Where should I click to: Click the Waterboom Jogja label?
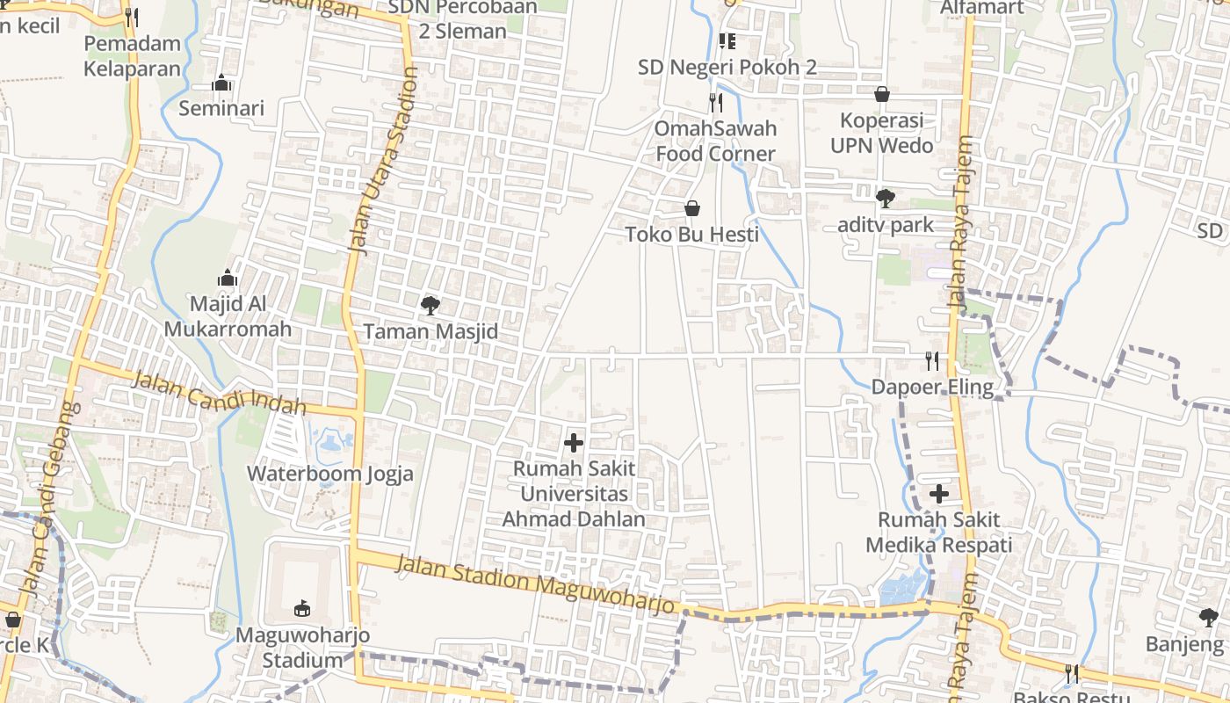(329, 474)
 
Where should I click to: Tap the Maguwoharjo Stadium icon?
(301, 607)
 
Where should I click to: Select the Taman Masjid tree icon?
(430, 306)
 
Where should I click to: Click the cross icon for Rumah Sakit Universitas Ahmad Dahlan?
(574, 443)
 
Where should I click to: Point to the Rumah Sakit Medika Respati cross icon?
(939, 494)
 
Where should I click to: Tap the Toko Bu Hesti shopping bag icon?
(692, 208)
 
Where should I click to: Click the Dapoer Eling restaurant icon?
(932, 360)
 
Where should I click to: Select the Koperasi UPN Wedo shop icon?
(882, 94)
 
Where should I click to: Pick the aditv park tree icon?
(885, 199)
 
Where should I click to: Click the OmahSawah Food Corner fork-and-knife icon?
(715, 103)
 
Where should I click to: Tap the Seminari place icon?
(221, 83)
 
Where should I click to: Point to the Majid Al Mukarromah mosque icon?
(228, 278)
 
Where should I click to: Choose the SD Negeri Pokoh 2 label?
(727, 67)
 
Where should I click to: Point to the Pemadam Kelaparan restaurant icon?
(132, 17)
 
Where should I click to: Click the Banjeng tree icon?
(1208, 617)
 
